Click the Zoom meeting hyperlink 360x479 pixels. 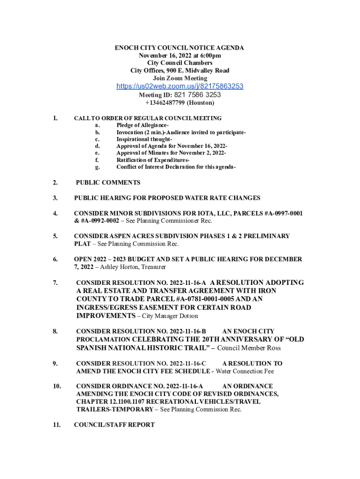[x=180, y=87]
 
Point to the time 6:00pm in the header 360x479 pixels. [x=208, y=55]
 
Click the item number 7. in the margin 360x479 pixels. [x=55, y=283]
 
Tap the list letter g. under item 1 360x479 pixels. [x=97, y=167]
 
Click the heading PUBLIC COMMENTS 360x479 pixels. [x=108, y=182]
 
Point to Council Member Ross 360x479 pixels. [x=249, y=348]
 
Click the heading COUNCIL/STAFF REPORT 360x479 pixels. [x=114, y=425]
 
